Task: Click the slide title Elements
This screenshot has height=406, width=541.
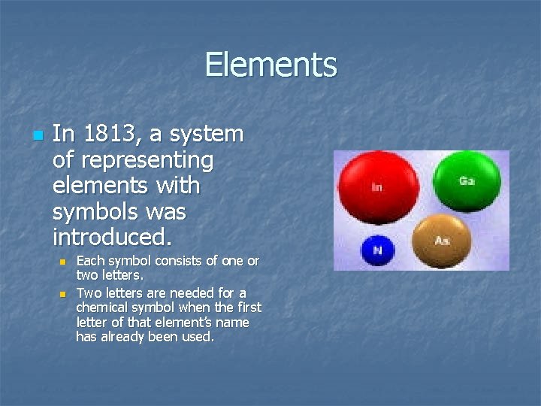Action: [x=270, y=65]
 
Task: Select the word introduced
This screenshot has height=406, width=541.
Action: [x=112, y=238]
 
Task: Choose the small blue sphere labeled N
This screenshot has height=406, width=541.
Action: [x=378, y=250]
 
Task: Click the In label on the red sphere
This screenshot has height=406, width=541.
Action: [x=376, y=186]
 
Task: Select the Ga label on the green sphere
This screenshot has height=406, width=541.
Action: [x=467, y=181]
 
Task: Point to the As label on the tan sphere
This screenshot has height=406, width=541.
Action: [x=443, y=241]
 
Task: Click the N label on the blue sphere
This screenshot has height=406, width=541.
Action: [x=378, y=251]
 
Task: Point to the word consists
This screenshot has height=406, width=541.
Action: [x=180, y=261]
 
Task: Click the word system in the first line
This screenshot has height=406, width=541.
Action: [x=207, y=135]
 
